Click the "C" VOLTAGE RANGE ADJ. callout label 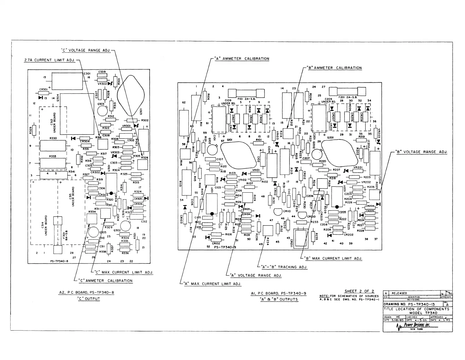[x=86, y=50]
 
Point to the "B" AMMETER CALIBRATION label [x=334, y=68]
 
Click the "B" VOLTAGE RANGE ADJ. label [x=421, y=152]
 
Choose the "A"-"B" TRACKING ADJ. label [x=284, y=267]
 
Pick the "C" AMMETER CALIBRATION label [x=105, y=281]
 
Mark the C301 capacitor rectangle [x=67, y=81]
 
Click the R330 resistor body [x=53, y=145]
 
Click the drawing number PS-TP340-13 [x=412, y=304]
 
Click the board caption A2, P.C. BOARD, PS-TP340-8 [x=87, y=293]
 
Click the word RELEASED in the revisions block [x=399, y=293]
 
